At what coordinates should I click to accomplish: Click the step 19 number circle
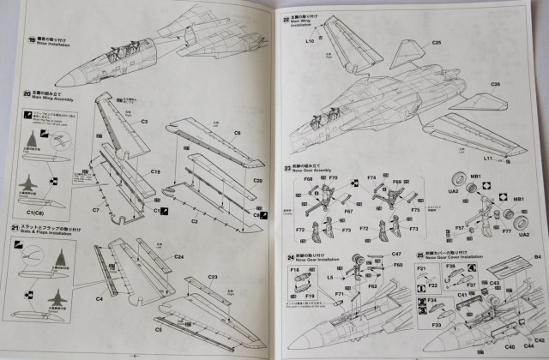point(32,39)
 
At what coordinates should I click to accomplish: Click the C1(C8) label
point(37,212)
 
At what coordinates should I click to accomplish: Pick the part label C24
point(178,256)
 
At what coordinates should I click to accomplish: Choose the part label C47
point(397,255)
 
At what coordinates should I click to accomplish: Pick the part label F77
point(505,231)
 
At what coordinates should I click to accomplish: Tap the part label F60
point(398,265)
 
